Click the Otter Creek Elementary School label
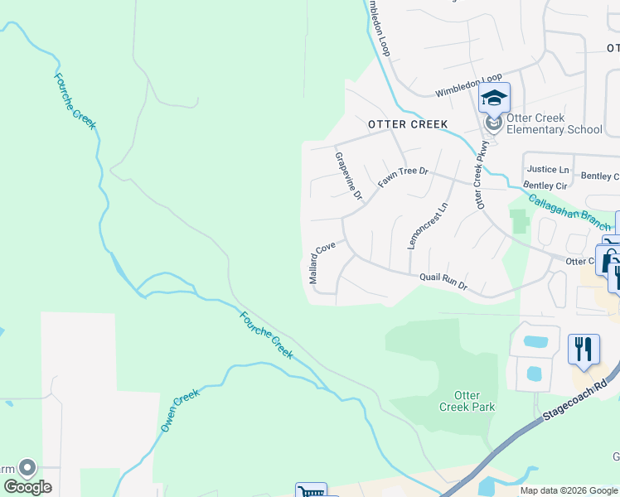tap(554, 123)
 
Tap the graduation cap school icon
tap(494, 99)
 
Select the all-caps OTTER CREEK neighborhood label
tap(408, 124)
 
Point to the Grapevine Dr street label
tap(349, 176)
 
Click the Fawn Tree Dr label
tap(403, 176)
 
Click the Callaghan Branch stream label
tap(569, 209)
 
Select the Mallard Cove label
tap(322, 263)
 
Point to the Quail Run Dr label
tap(444, 282)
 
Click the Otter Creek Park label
tap(467, 401)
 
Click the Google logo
tap(27, 487)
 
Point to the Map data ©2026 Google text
tap(569, 490)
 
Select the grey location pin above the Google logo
tap(27, 469)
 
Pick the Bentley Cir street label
tap(544, 186)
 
